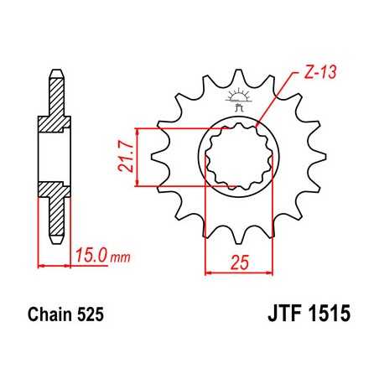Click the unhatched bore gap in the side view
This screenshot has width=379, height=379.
click(54, 157)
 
